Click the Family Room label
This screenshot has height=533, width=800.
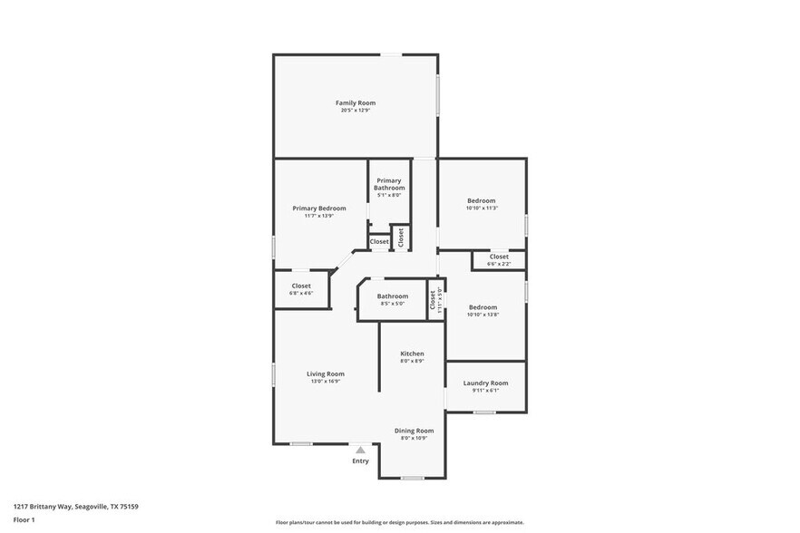(x=356, y=103)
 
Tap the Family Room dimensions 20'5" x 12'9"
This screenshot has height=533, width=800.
(x=356, y=111)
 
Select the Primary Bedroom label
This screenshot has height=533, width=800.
(x=319, y=208)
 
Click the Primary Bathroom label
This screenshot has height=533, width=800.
(x=389, y=184)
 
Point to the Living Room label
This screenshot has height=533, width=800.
(x=325, y=373)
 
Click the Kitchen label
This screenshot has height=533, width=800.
(x=413, y=354)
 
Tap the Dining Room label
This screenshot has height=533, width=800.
(x=414, y=431)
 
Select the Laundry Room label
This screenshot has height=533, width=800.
(x=486, y=383)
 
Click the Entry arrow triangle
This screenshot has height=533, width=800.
(x=361, y=450)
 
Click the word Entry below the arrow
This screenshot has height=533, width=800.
(x=361, y=461)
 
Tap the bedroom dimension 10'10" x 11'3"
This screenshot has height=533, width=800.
(x=482, y=208)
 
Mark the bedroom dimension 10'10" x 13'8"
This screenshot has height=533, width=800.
(x=482, y=315)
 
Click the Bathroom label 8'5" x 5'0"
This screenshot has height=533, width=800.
(x=393, y=296)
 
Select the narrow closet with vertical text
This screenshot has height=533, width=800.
(x=435, y=300)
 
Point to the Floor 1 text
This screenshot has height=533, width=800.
(x=24, y=519)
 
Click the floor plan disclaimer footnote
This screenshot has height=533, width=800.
(x=399, y=522)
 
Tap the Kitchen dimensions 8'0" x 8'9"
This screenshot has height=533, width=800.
(x=413, y=361)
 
